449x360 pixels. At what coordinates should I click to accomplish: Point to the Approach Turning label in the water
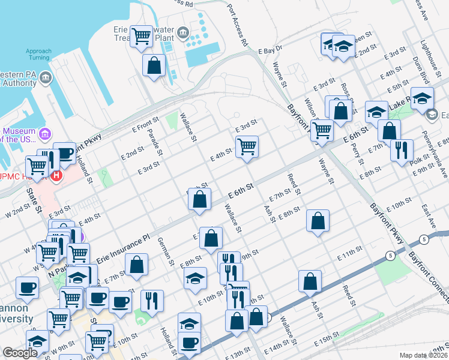[38, 55]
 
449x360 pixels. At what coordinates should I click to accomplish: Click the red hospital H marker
[56, 176]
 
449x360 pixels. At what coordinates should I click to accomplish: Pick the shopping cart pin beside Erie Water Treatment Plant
[142, 36]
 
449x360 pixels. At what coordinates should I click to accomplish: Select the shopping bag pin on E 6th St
[201, 199]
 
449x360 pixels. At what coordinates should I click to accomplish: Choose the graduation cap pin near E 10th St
[195, 278]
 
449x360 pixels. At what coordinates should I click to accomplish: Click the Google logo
[20, 353]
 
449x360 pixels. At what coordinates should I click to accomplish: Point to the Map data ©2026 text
[423, 355]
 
